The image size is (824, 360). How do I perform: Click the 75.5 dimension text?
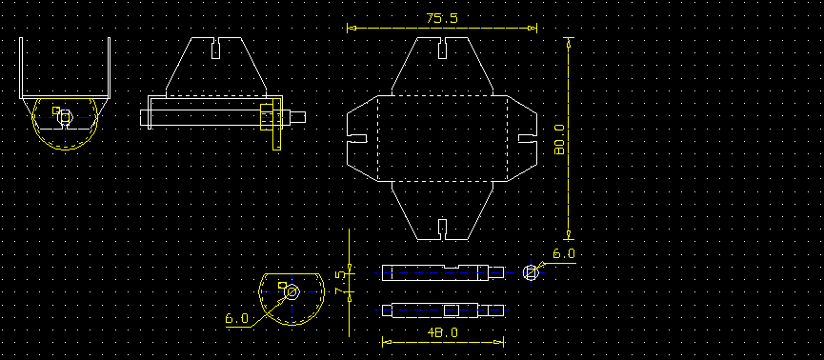pos(442,18)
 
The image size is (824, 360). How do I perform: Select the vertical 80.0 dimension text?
pos(559,139)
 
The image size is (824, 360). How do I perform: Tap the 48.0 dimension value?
pos(442,332)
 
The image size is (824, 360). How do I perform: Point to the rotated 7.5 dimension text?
pos(340,282)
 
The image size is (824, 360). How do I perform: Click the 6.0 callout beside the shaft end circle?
pos(564,254)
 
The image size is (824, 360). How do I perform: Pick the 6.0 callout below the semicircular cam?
pos(236,318)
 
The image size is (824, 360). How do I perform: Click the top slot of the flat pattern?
pos(442,48)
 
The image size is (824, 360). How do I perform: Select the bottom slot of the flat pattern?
pos(442,230)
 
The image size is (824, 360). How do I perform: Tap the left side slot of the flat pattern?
pos(357,138)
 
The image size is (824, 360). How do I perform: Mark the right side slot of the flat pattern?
pos(528,138)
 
